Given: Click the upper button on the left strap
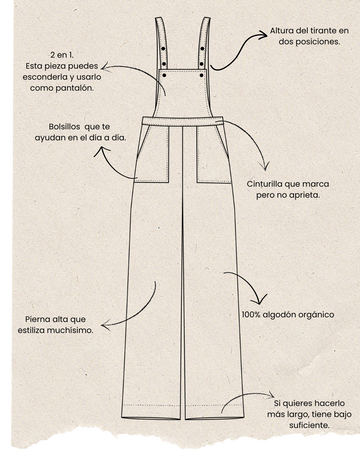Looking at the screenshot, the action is pos(163,49).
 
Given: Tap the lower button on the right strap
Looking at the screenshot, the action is pos(202,64).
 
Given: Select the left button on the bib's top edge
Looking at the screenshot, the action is pos(164,76).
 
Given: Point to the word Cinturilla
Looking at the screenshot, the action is pos(264,184).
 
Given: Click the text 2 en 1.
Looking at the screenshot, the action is pos(62,55).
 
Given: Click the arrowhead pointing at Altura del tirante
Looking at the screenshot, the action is pos(263,35).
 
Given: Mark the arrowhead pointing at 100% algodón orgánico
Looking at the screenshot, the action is pos(261,300).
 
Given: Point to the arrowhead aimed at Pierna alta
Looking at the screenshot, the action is pos(105,325).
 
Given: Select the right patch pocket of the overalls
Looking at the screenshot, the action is pos(213,154).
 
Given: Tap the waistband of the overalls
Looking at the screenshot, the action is pos(183,121).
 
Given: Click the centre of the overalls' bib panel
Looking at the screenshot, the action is pos(183,93).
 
